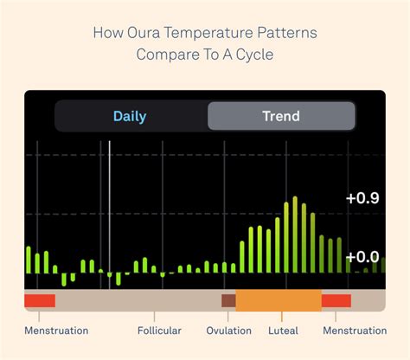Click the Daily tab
(x=130, y=116)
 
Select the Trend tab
(x=280, y=116)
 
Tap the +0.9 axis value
(x=362, y=198)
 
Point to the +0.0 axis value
(x=362, y=256)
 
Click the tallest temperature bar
(x=295, y=234)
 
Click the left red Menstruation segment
(x=40, y=300)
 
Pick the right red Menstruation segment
(x=336, y=300)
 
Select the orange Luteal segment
(x=278, y=300)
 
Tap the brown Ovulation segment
(x=228, y=300)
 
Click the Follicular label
(x=159, y=331)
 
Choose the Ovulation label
(x=229, y=331)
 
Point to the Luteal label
(x=283, y=331)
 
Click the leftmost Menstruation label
(x=56, y=331)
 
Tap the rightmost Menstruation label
(x=355, y=331)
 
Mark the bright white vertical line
(x=109, y=208)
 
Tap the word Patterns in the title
(x=287, y=34)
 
